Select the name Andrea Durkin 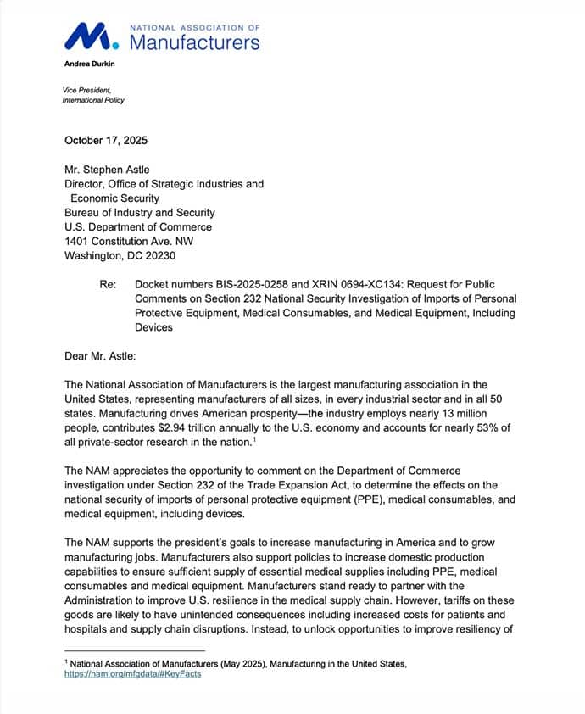click(x=88, y=64)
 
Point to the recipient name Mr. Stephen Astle click(x=112, y=169)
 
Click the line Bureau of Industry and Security click(x=140, y=212)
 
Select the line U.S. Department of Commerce click(x=138, y=226)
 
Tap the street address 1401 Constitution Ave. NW click(x=136, y=241)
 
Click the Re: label click(x=108, y=284)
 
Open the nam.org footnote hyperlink click(x=133, y=674)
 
